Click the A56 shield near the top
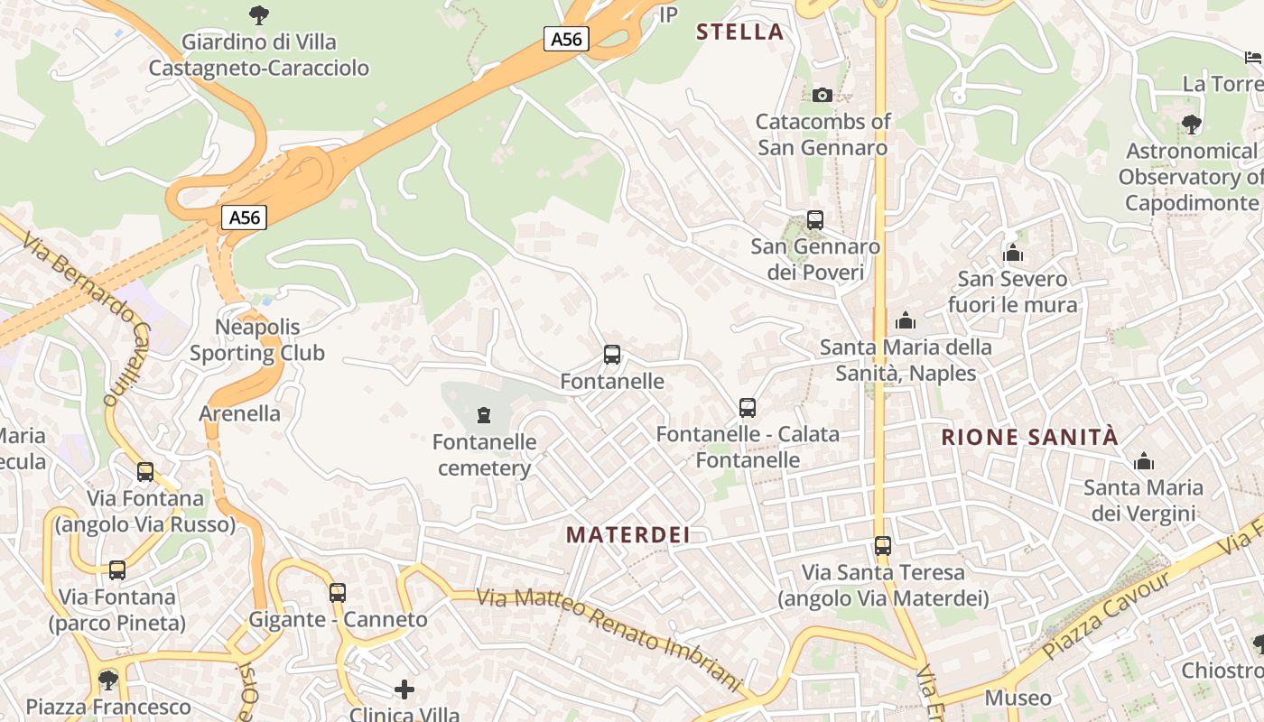coord(567,39)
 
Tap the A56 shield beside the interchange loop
coord(245,218)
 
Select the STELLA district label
coord(739,32)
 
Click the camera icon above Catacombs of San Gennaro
coord(822,95)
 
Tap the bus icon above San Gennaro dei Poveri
coord(814,219)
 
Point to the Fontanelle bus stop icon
coord(612,355)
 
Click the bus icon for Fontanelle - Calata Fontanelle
coord(747,407)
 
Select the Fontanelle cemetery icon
coord(484,415)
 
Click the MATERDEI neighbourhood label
coord(628,534)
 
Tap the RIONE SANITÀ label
coord(1029,438)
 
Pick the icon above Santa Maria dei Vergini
coord(1144,461)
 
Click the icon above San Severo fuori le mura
coord(1012,253)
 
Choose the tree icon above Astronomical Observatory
coord(1191,125)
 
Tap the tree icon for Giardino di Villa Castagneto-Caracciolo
coord(258,15)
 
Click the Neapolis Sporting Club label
coord(257,339)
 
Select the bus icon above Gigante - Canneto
coord(337,593)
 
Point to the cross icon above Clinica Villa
coord(404,690)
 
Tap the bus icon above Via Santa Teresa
coord(882,546)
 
